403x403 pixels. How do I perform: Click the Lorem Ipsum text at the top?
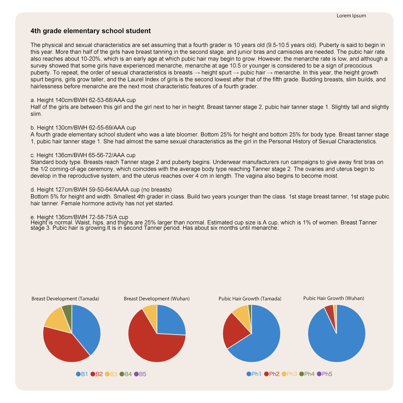(x=351, y=16)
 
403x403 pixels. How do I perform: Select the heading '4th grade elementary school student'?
(x=91, y=31)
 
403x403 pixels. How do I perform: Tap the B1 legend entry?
(x=82, y=374)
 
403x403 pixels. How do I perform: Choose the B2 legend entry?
(x=97, y=374)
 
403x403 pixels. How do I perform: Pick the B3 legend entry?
(x=111, y=374)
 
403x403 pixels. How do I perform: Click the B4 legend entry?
(x=126, y=374)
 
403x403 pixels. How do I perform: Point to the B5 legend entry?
(x=140, y=374)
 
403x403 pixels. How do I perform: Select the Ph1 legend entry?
(x=254, y=374)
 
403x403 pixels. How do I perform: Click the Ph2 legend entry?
(x=272, y=374)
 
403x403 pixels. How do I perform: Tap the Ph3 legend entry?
(x=289, y=374)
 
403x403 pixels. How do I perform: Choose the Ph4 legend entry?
(x=307, y=374)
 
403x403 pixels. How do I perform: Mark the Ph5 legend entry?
(x=325, y=374)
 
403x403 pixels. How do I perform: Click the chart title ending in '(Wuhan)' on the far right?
(x=333, y=298)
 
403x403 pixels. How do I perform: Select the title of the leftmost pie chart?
(x=65, y=298)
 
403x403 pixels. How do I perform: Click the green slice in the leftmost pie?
(x=67, y=311)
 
